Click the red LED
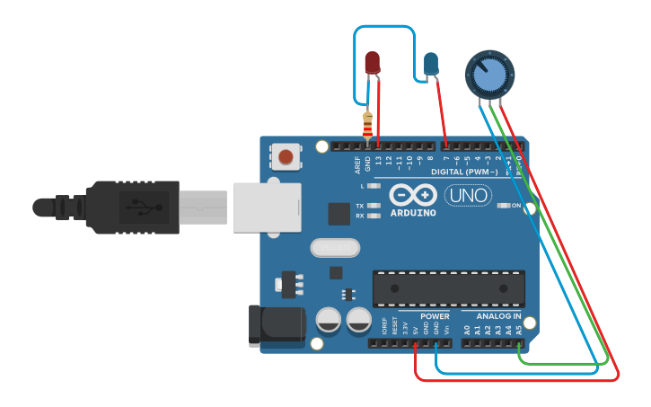tap(373, 62)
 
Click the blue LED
tap(431, 63)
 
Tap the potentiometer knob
tap(489, 74)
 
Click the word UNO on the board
tap(467, 195)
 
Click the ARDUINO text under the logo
tap(413, 213)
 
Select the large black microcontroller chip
tap(449, 288)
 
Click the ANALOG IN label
tap(498, 316)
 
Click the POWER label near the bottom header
tap(435, 316)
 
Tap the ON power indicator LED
tap(504, 206)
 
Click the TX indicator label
tap(359, 206)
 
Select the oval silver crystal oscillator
tap(334, 247)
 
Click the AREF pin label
tap(357, 164)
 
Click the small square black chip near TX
tap(339, 213)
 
